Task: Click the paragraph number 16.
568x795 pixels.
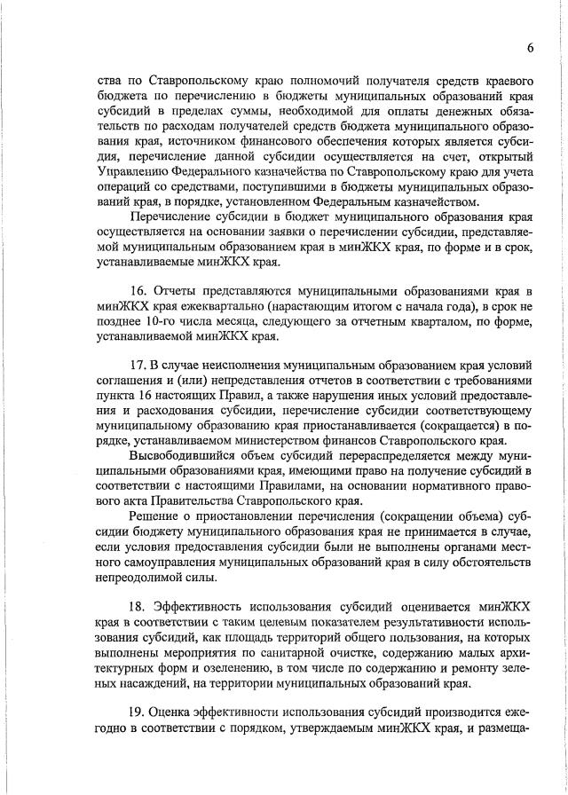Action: (x=138, y=291)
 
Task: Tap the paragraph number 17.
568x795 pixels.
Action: (x=138, y=365)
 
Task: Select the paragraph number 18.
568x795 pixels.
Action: (x=138, y=605)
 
